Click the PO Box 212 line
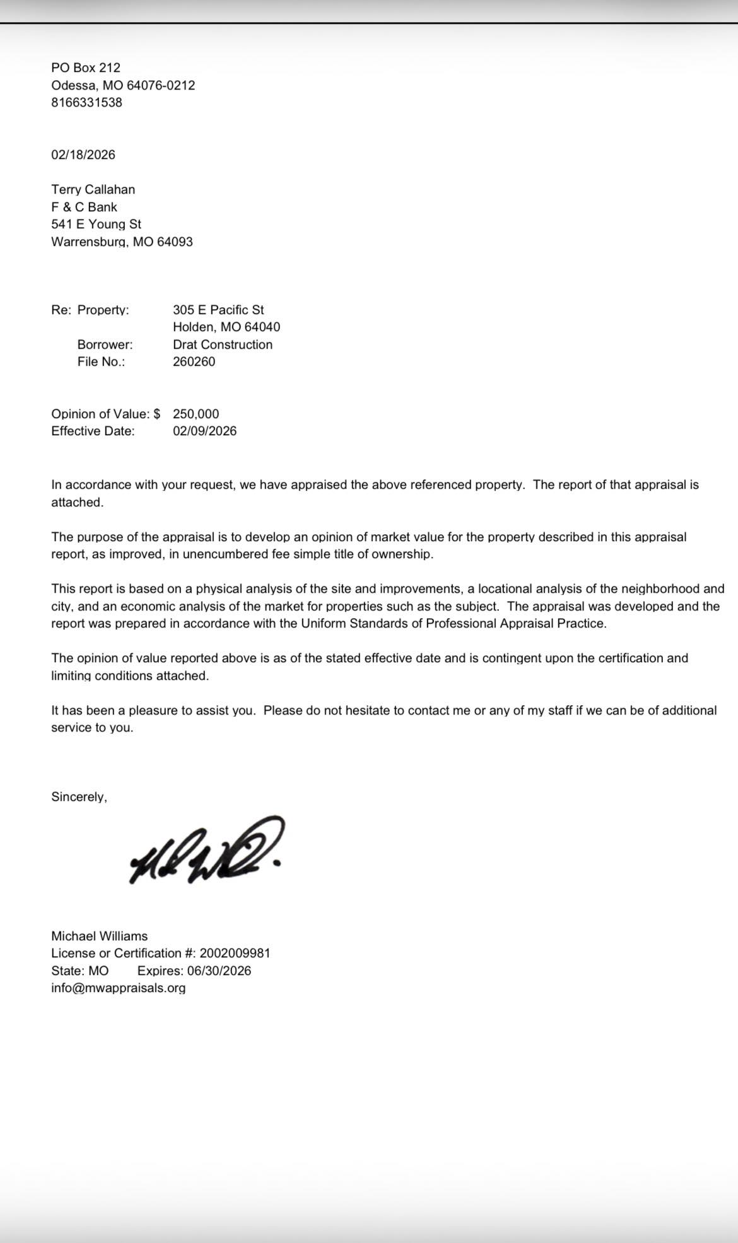(x=86, y=67)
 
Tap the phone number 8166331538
(x=87, y=102)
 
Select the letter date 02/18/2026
(x=83, y=155)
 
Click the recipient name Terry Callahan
(x=93, y=189)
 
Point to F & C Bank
(x=85, y=207)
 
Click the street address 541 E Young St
(x=97, y=224)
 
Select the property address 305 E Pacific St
(x=218, y=310)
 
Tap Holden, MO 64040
(x=226, y=327)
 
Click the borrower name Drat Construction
(x=223, y=344)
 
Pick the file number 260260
(x=194, y=361)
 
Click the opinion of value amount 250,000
(x=196, y=414)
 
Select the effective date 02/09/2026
(x=205, y=431)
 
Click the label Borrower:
(x=105, y=344)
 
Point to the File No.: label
(x=101, y=361)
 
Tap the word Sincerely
(x=79, y=797)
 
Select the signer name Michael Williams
(x=100, y=936)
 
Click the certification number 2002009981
(x=235, y=953)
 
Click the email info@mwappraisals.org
(x=119, y=988)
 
